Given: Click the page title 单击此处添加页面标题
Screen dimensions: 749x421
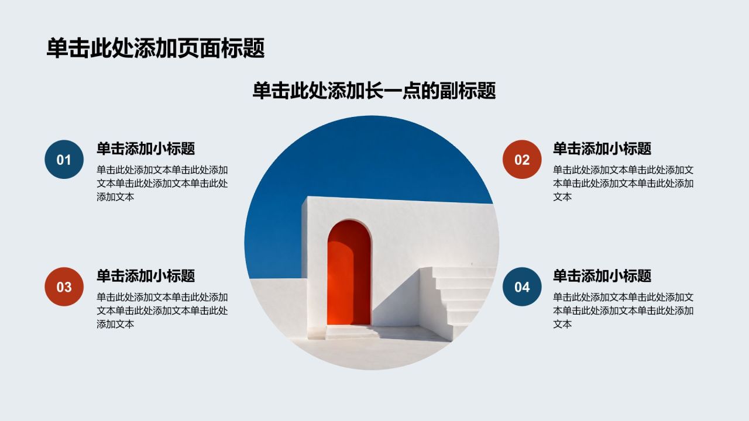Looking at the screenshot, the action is click(156, 49).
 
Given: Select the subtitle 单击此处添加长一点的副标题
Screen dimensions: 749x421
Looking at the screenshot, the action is click(374, 91).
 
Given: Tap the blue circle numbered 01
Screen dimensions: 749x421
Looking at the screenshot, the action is click(64, 160).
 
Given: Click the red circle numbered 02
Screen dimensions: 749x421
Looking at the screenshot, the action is click(522, 160).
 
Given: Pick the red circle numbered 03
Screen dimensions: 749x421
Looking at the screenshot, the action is click(64, 287).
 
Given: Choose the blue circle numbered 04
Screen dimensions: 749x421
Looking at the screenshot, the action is click(522, 287).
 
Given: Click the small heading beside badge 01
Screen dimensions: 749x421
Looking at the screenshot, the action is click(146, 149).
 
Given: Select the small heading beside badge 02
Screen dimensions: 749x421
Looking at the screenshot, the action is click(602, 149).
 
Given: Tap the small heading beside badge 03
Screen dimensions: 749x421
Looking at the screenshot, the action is click(146, 276).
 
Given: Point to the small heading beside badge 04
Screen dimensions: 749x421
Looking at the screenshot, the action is click(602, 276).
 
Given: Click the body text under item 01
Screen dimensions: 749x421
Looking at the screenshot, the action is click(162, 184).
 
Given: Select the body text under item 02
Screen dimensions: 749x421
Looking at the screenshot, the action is click(623, 184).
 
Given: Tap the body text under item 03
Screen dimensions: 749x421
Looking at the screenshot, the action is click(162, 310).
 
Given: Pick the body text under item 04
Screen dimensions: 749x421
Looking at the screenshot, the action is click(623, 310).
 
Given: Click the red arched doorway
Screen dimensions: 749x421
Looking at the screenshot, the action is click(349, 272).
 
